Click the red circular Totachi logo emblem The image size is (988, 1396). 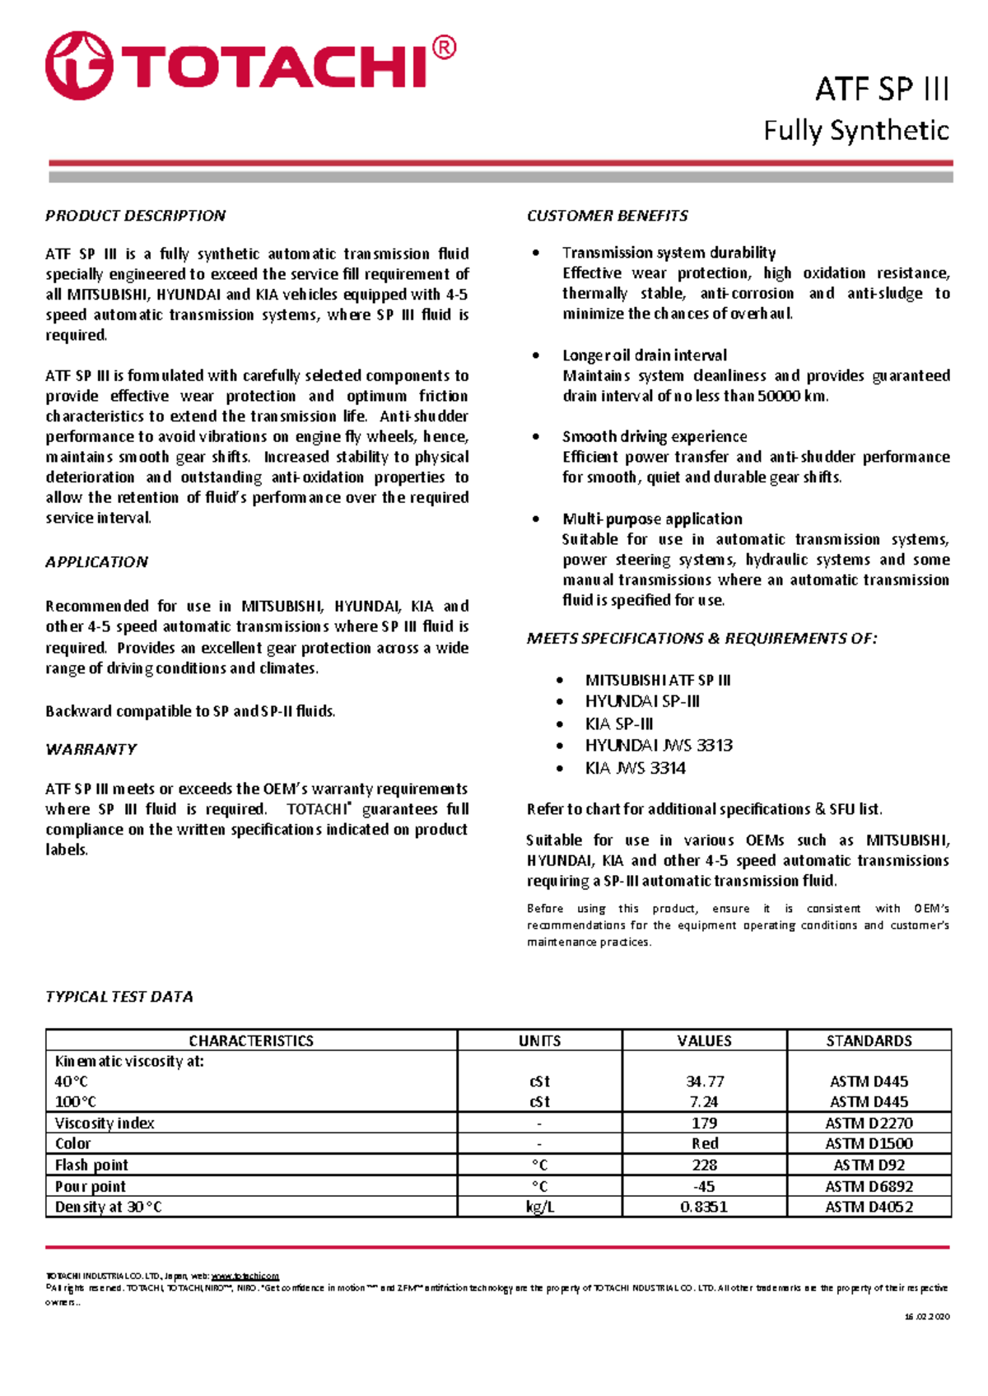(x=79, y=66)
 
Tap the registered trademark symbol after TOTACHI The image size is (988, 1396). (x=443, y=49)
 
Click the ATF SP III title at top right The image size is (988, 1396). (x=882, y=88)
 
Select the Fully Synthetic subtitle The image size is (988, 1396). (x=856, y=130)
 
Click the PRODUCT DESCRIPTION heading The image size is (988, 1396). (x=135, y=216)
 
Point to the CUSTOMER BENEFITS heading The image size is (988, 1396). (x=607, y=216)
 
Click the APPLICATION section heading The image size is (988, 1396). (x=96, y=562)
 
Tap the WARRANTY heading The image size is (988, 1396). (x=91, y=749)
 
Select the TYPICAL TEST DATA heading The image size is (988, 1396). (x=119, y=997)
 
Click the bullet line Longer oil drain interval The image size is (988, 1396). (x=645, y=356)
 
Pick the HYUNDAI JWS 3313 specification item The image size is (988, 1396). (x=659, y=746)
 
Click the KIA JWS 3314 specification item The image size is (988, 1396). (x=635, y=768)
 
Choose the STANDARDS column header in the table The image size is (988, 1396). (x=869, y=1040)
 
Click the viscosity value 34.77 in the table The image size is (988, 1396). (x=705, y=1082)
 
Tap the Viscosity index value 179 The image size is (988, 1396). (x=705, y=1123)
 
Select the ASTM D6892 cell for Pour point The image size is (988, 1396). (x=869, y=1186)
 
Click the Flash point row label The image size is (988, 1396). (x=91, y=1165)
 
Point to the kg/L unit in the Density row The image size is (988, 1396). (x=539, y=1207)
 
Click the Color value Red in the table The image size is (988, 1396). (x=705, y=1143)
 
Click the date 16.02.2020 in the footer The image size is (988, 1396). (x=927, y=1316)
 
